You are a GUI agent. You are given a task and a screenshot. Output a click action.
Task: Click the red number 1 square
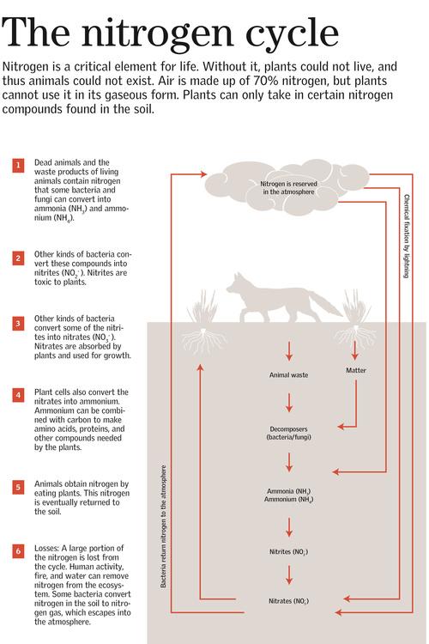tap(18, 165)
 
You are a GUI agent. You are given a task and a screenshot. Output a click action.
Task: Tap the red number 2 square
tap(18, 258)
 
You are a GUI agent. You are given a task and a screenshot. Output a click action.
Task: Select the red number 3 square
tap(18, 323)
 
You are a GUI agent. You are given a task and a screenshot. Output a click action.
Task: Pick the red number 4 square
tap(18, 395)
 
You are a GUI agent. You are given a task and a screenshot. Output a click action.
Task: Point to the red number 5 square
tap(18, 487)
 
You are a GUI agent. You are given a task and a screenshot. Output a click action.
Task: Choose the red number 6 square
tap(18, 550)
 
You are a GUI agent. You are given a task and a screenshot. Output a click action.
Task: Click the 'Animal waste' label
tap(288, 375)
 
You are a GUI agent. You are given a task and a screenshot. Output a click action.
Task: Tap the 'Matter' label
tap(356, 370)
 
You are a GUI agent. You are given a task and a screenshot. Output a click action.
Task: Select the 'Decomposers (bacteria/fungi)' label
tap(288, 433)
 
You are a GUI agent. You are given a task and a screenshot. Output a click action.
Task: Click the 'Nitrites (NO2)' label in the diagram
tap(288, 551)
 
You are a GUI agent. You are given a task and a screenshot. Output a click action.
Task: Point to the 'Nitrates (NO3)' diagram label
tap(288, 601)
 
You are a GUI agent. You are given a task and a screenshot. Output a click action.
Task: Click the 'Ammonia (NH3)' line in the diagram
tap(288, 491)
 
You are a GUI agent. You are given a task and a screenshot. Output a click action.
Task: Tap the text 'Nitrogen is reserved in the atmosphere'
tap(288, 188)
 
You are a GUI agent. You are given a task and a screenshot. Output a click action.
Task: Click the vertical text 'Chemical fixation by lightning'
tap(407, 236)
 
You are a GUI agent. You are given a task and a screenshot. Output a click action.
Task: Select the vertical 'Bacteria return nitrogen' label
tap(163, 526)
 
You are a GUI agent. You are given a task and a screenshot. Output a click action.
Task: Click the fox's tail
tap(325, 304)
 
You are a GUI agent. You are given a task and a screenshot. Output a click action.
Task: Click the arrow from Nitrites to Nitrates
tap(289, 575)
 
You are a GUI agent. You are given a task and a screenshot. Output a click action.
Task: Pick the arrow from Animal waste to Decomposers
tap(289, 403)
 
